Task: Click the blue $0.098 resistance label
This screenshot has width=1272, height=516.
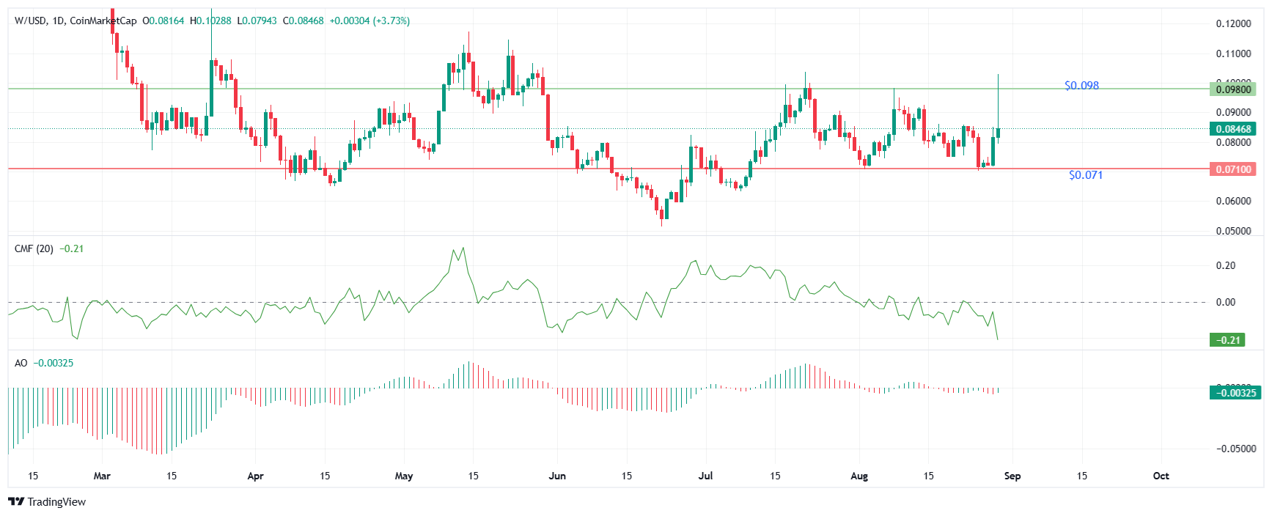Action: tap(1081, 86)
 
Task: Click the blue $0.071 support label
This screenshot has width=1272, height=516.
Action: tap(1085, 175)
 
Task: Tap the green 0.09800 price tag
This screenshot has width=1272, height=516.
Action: tap(1232, 89)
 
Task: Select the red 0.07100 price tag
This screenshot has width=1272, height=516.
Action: tap(1232, 169)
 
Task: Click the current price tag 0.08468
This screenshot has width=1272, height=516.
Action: tap(1232, 129)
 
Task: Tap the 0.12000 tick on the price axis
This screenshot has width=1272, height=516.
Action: tap(1233, 23)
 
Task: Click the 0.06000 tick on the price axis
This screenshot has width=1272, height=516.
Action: tap(1233, 201)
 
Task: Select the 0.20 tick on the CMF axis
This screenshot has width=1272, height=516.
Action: tap(1225, 265)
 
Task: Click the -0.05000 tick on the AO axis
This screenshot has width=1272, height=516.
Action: tap(1235, 449)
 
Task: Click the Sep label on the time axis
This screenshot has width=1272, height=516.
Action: tap(1012, 476)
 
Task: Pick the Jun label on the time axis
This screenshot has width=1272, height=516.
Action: tap(557, 476)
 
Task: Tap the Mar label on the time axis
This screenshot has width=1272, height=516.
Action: tap(102, 476)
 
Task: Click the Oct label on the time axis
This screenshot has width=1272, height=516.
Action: tap(1161, 476)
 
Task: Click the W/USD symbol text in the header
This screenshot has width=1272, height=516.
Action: tap(30, 21)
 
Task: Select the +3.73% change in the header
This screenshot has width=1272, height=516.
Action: tap(391, 21)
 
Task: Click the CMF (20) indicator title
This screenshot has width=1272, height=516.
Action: tap(34, 248)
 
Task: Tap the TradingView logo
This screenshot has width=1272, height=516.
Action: tap(47, 501)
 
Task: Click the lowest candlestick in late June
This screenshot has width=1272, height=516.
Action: tap(661, 213)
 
